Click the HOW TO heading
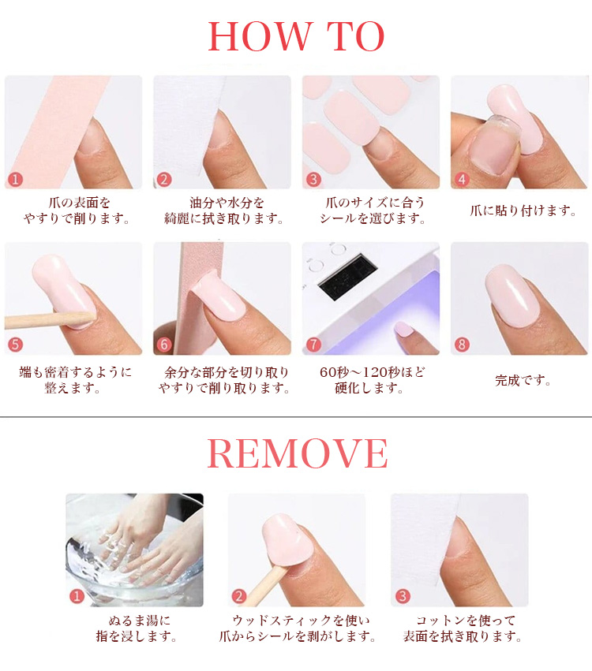point(296,36)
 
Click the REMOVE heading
point(298,453)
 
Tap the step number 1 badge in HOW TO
point(16,179)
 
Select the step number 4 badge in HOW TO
point(462,179)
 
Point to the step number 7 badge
point(313,344)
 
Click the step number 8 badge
point(462,344)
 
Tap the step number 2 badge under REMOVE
point(239,595)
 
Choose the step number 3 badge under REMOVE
point(403,595)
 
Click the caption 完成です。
point(523,380)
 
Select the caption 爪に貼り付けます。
point(523,211)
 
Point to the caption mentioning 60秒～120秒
point(372,380)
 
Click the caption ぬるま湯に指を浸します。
point(137,628)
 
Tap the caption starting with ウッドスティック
point(298,628)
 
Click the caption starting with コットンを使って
point(463,628)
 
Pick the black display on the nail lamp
point(348,278)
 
